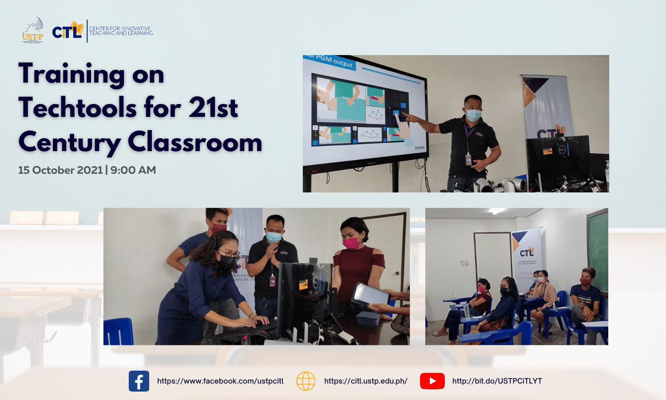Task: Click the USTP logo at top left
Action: [x=32, y=31]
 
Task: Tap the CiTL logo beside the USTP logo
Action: [x=67, y=31]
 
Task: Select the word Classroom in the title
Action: [x=195, y=143]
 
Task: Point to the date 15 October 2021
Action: [x=60, y=170]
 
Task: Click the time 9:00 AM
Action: [x=133, y=170]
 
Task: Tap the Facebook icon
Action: [x=139, y=381]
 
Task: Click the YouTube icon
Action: [x=432, y=381]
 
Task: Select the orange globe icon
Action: [x=305, y=381]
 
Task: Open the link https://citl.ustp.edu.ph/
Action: [x=366, y=381]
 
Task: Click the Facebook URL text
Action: [x=220, y=381]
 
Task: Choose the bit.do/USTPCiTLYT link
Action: [x=497, y=381]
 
